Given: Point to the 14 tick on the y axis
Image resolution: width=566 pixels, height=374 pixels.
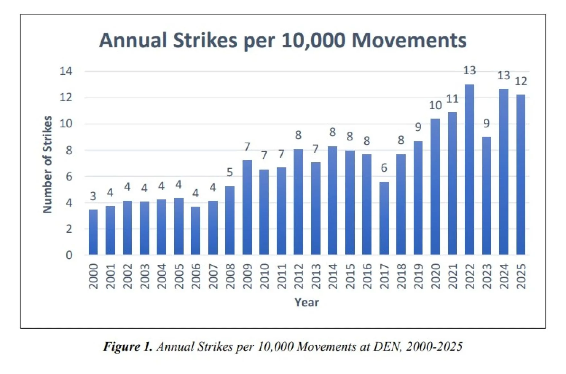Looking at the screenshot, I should coord(66,71).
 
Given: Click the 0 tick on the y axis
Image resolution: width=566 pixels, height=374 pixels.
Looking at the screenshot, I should coord(69,255).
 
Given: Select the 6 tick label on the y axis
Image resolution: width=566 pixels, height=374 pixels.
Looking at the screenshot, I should coord(69,176).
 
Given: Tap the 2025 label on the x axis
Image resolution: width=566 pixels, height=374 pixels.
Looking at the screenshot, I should coord(521,276).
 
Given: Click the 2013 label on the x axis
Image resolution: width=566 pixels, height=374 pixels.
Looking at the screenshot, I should coord(316,276).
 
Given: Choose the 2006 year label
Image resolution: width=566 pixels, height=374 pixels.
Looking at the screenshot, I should coord(196,276).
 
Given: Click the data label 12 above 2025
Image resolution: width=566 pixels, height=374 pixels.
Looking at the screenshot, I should coord(521,81).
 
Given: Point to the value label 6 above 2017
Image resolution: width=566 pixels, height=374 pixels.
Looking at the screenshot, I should coord(384,168).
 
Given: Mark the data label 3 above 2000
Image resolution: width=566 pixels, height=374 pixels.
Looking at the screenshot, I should coord(93,196).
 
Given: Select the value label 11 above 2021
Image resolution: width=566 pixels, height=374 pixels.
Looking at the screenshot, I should coord(452,99).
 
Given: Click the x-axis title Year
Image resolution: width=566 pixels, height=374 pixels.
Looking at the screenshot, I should coord(306,302).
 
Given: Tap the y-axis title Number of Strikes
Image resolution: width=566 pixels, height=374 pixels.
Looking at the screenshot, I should coord(48,164).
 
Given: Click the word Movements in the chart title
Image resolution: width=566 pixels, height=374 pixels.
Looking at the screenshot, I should coord(409,40).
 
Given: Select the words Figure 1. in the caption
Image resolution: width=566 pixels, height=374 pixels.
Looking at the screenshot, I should coord(127,347).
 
